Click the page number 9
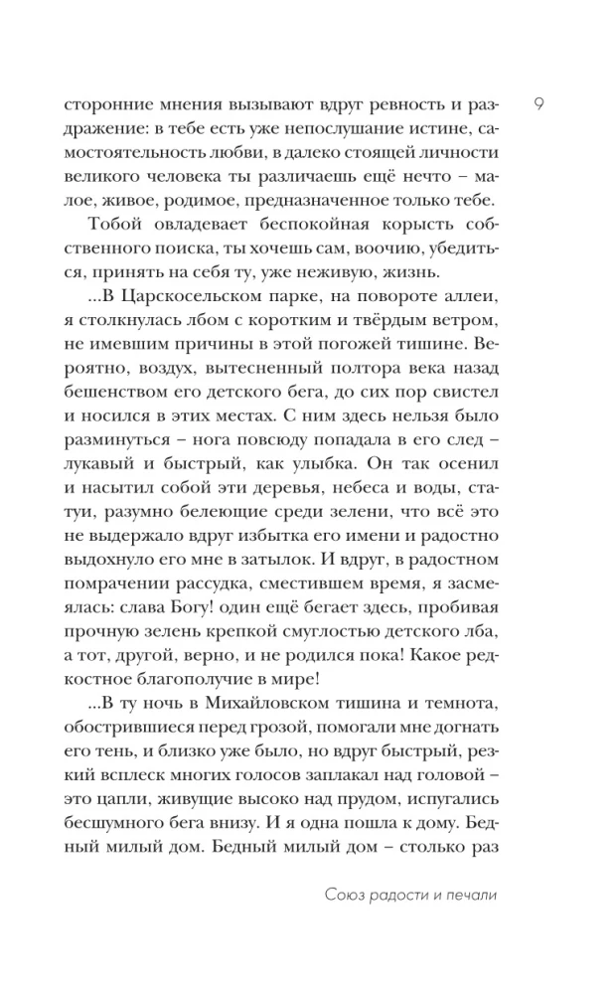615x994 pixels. click(x=537, y=104)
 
